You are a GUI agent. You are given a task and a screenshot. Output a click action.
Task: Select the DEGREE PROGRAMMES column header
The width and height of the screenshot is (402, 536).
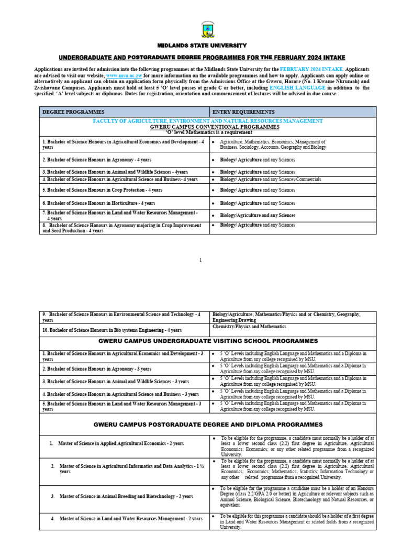pos(73,112)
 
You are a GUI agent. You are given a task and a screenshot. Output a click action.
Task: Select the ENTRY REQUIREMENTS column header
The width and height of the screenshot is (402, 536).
pos(243,112)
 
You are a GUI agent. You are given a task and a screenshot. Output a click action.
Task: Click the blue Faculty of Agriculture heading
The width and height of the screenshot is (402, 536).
pos(208,121)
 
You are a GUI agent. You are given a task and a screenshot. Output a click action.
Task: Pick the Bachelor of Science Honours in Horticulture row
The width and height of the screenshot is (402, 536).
pos(99,203)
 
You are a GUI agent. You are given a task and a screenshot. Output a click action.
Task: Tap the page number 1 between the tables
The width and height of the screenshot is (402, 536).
pos(200,260)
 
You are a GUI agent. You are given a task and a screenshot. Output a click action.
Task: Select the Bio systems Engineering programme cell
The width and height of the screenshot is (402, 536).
pos(112,330)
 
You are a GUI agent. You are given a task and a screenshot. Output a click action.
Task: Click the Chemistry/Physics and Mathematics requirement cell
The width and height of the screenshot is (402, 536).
pos(249,327)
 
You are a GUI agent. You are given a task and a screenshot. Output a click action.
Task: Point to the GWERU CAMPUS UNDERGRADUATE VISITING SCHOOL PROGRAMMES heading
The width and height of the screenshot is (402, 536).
pos(208,341)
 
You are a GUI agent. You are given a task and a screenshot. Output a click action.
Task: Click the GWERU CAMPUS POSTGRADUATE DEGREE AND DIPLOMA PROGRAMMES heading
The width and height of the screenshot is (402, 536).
pos(208,424)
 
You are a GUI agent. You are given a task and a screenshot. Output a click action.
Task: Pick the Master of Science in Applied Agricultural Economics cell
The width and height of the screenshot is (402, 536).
pos(120,443)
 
